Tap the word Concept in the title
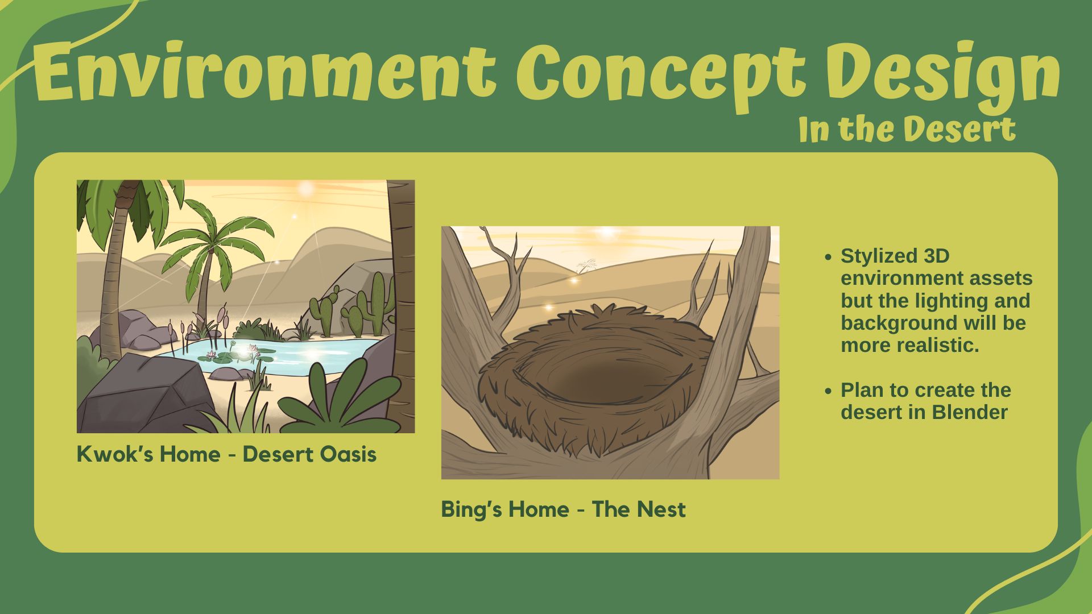coord(661,74)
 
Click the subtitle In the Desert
coord(907,129)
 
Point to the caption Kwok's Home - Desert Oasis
coord(226,454)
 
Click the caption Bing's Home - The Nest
coord(563,509)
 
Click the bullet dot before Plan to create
coord(828,391)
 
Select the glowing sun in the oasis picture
coord(307,188)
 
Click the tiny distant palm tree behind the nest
coord(585,265)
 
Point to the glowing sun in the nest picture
coord(608,232)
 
